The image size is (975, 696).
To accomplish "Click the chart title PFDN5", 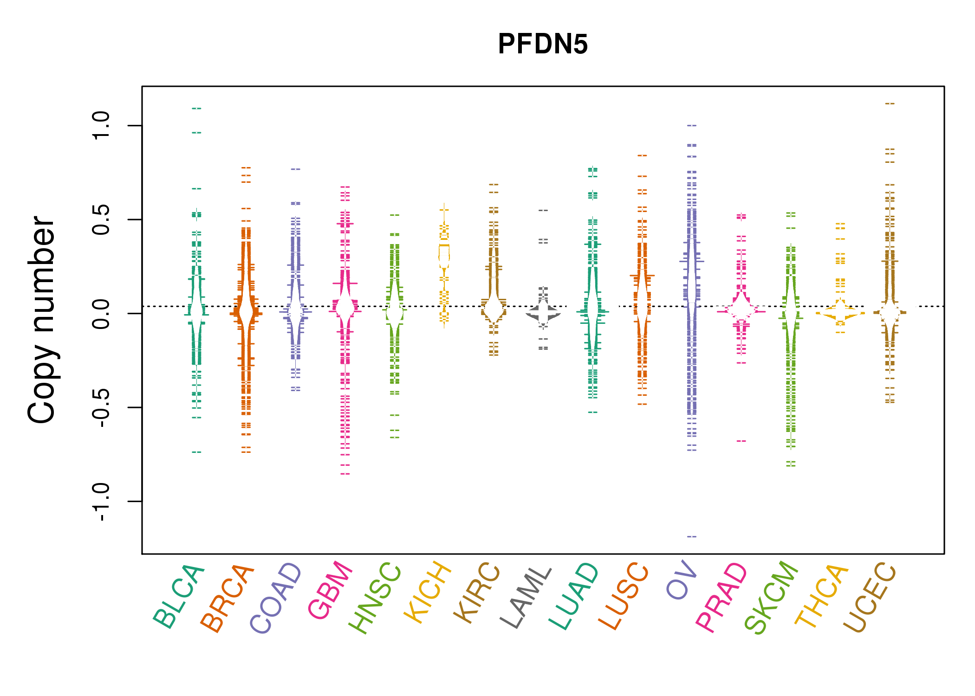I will coord(542,45).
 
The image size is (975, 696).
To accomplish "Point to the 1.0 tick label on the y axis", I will coord(101,125).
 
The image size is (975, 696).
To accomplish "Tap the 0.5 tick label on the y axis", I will coord(101,219).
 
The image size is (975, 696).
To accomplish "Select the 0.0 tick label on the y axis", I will coord(101,314).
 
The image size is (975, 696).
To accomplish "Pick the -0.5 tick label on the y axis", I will coord(101,407).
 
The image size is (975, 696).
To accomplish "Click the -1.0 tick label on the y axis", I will coord(101,502).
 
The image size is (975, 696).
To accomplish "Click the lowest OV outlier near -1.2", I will coord(692,536).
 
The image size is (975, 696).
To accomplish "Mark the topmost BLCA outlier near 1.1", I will coord(196,109).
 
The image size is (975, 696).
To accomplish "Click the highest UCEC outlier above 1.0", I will coord(890,103).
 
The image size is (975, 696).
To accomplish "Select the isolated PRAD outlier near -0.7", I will coord(741,441).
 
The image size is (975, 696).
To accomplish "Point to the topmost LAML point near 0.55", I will coord(543,210).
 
